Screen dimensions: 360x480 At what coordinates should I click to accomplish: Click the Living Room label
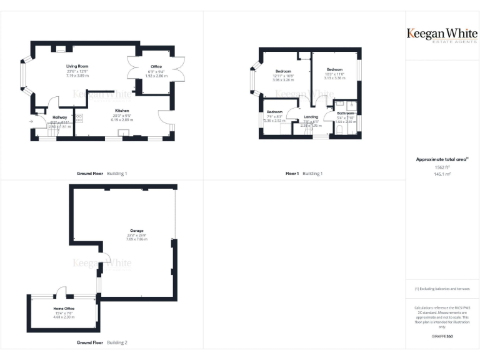(x=78, y=66)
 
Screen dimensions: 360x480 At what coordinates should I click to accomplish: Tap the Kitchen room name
(x=122, y=110)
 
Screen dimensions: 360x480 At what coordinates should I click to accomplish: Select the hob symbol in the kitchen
(x=79, y=117)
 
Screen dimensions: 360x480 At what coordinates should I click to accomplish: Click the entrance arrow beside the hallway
(x=31, y=121)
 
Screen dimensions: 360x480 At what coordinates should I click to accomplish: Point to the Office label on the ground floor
(x=156, y=66)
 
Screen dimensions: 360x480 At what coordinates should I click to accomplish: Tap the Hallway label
(x=60, y=117)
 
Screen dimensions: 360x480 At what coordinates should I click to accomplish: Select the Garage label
(x=137, y=230)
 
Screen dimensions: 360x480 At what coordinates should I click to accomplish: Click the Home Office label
(x=64, y=309)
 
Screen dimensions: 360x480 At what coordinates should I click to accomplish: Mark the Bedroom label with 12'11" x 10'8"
(x=283, y=71)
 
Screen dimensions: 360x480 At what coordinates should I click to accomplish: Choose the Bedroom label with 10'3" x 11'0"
(x=334, y=69)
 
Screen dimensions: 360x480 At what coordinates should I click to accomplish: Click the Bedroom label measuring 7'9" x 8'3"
(x=274, y=112)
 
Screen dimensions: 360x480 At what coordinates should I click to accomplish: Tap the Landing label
(x=311, y=117)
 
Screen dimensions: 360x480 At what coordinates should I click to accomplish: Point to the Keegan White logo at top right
(x=442, y=34)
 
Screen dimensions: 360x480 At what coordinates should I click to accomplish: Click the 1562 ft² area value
(x=442, y=167)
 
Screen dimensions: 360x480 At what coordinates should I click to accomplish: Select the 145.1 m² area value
(x=442, y=174)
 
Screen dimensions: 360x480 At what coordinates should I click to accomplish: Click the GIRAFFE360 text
(x=442, y=336)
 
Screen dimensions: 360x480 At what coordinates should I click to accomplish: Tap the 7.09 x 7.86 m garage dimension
(x=137, y=239)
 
